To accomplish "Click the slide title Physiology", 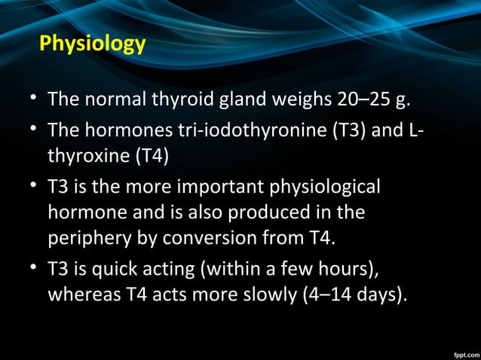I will [92, 43].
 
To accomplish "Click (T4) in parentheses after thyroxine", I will [152, 157].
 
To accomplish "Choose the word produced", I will [269, 212].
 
